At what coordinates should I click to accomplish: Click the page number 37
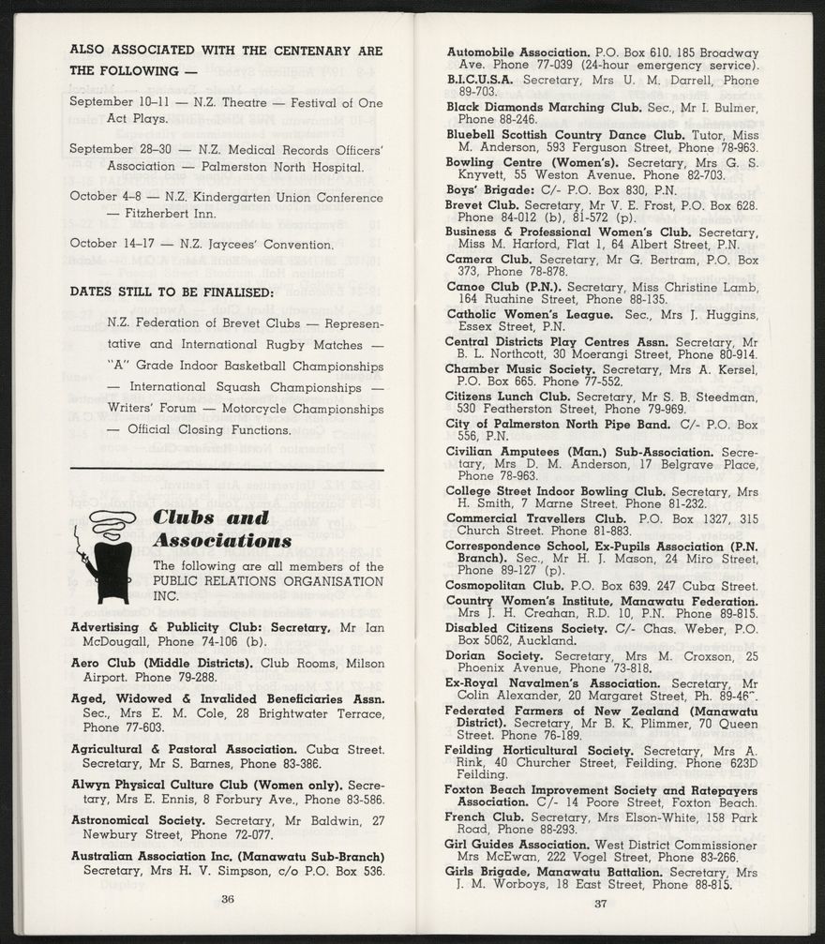coord(602,904)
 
